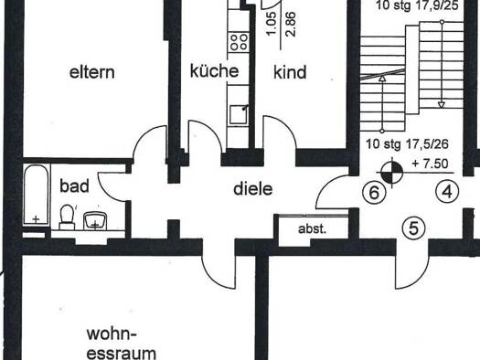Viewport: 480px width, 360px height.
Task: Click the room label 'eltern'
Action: [92, 72]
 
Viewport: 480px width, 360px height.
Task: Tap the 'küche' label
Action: [214, 70]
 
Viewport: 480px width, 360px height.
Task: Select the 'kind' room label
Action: [290, 72]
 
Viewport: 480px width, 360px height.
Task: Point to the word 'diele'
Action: [253, 189]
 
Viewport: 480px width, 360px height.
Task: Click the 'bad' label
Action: [74, 186]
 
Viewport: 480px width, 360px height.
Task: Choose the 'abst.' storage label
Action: [313, 228]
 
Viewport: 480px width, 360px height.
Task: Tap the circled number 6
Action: [374, 193]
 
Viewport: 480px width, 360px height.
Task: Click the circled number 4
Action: [447, 192]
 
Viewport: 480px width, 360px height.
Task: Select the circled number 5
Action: [413, 228]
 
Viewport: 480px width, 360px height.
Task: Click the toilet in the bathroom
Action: [68, 217]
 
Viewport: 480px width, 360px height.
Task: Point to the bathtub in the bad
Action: [37, 195]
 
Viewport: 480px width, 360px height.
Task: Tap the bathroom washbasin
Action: [95, 221]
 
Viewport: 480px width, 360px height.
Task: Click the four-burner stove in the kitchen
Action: [239, 42]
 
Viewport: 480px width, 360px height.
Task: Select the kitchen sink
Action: [239, 114]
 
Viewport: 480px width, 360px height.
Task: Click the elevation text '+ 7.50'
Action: [430, 164]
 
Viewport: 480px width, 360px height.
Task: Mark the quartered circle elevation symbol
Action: [392, 173]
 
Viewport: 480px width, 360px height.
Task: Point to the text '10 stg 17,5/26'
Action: [407, 143]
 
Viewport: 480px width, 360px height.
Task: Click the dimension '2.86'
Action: [291, 25]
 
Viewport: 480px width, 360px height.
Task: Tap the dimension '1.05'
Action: [272, 24]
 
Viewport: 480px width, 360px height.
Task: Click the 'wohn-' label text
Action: [112, 334]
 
